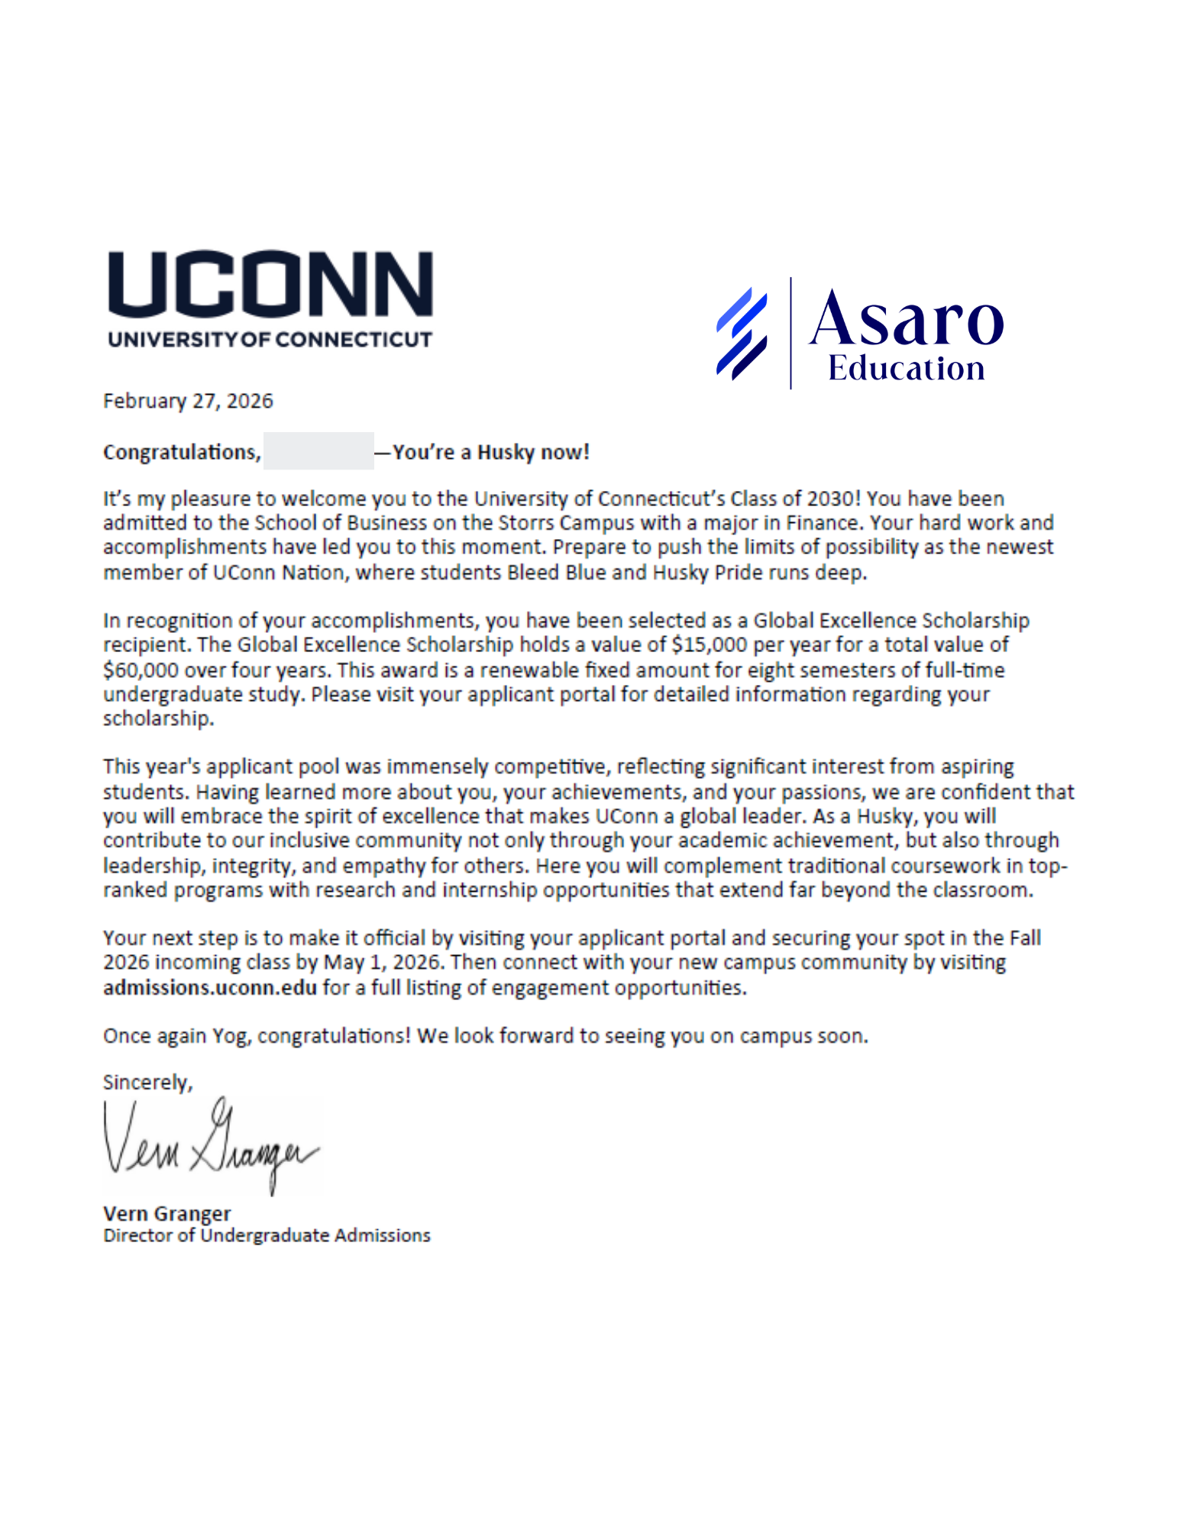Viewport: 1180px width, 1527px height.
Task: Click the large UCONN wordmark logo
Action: [x=270, y=283]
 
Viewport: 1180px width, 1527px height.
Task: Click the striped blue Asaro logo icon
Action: [x=741, y=334]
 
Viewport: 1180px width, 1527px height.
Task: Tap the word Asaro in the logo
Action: [x=906, y=320]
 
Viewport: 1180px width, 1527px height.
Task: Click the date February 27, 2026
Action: [x=188, y=401]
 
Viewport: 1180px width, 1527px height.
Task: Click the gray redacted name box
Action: [x=318, y=451]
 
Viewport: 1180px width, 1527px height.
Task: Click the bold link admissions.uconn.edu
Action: [x=210, y=988]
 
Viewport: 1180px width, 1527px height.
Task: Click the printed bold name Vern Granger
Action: [x=166, y=1213]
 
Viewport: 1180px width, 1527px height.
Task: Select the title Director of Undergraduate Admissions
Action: [x=267, y=1235]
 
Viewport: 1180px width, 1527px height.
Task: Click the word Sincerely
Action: [x=147, y=1083]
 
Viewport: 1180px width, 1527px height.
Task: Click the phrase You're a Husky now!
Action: [x=491, y=452]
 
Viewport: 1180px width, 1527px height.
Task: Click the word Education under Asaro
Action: [x=906, y=369]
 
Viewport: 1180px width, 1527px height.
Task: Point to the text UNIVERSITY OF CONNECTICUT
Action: [x=270, y=339]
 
